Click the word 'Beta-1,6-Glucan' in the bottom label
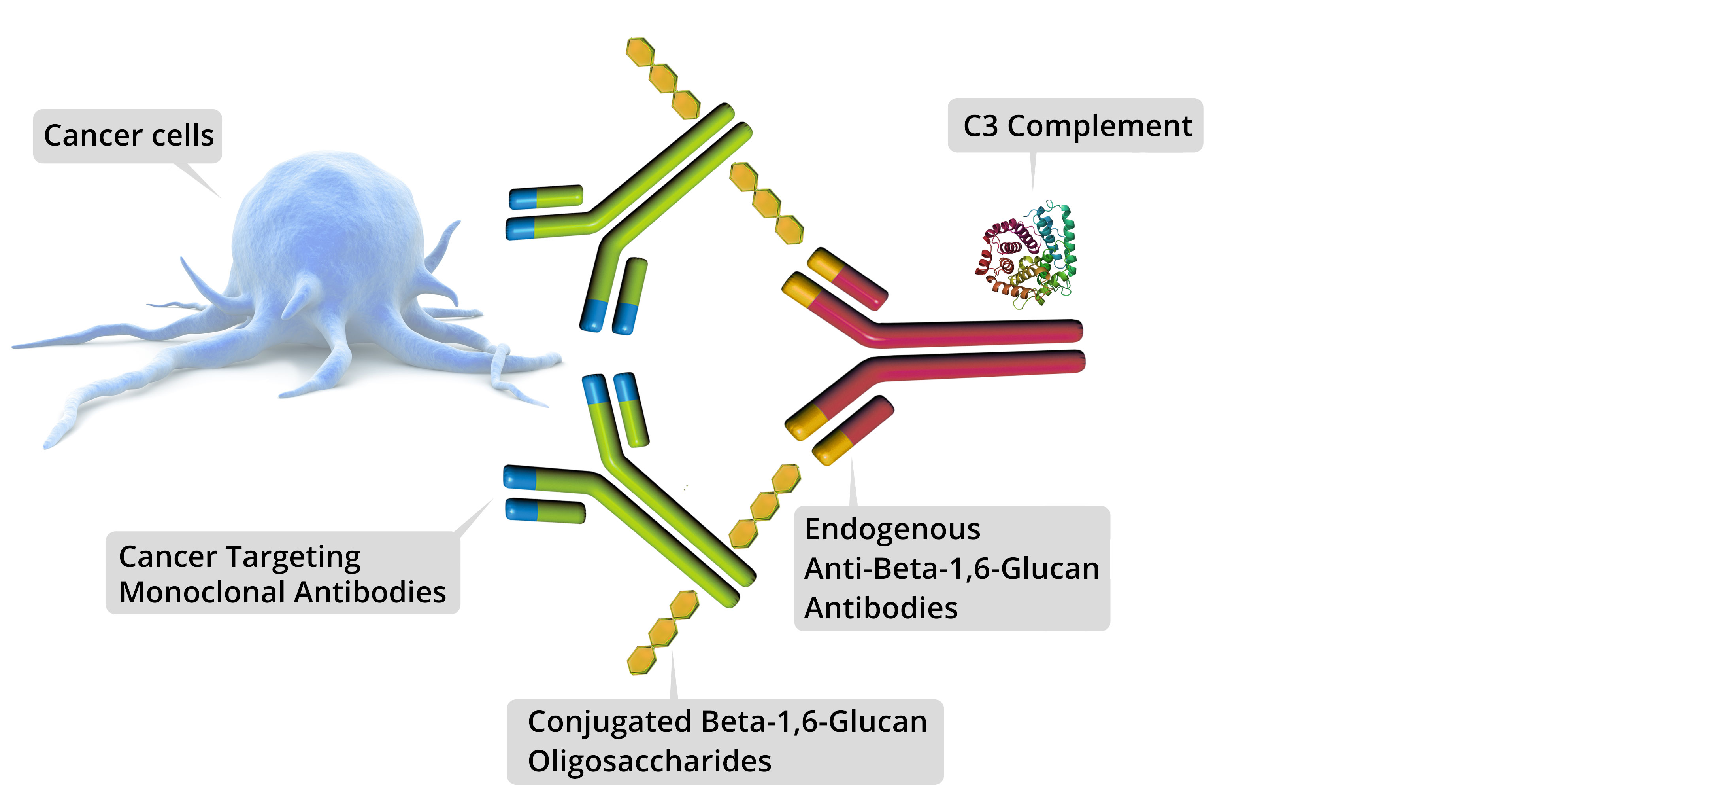point(814,722)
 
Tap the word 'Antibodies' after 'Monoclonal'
point(370,592)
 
